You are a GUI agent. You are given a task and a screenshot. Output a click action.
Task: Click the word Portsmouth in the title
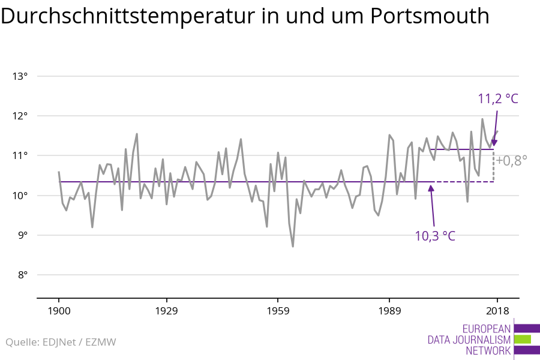point(430,16)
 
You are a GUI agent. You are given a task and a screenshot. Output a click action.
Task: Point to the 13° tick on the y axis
point(20,76)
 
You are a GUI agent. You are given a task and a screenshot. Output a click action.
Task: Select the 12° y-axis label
point(20,116)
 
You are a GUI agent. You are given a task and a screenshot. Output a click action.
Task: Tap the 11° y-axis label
point(20,156)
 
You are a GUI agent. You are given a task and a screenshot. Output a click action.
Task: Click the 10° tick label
point(20,196)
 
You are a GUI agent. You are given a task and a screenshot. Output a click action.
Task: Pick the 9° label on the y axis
point(22,235)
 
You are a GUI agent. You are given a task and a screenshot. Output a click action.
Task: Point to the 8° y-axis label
point(22,275)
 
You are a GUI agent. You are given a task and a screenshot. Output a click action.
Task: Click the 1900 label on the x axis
point(59,311)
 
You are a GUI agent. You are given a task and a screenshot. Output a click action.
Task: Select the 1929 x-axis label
point(166,311)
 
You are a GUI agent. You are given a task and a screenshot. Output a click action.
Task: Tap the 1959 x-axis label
point(278,311)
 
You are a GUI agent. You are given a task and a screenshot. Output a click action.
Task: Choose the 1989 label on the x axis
point(389,311)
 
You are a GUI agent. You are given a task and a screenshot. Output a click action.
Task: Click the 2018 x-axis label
point(497,311)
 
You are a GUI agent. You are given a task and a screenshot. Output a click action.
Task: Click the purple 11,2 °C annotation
point(498,99)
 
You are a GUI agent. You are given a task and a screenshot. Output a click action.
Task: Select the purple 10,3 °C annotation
point(435,236)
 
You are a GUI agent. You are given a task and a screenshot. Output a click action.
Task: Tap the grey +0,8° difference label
point(511,161)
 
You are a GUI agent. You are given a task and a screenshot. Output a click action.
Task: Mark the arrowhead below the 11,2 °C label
point(494,143)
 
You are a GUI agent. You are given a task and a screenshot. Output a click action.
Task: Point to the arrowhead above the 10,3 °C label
point(431,188)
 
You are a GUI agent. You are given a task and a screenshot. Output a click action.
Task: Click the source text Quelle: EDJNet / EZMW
point(61,342)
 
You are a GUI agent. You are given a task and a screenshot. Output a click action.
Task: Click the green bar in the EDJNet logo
point(523,340)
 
